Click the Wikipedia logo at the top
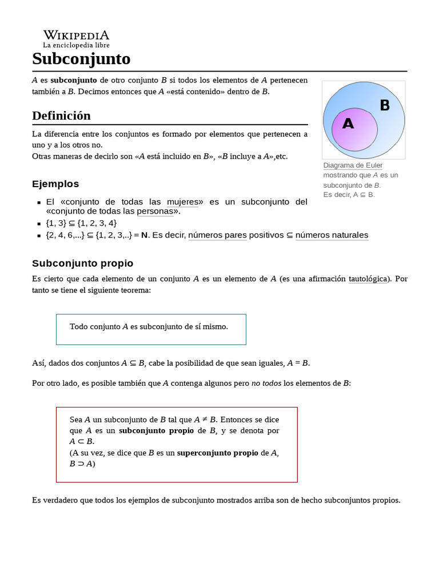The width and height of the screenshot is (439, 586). pos(76,38)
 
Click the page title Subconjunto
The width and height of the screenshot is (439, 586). pos(81,58)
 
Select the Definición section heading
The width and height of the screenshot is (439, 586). pos(61,116)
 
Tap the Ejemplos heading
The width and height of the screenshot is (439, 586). pos(55,184)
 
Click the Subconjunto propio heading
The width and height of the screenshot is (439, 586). pos(82,263)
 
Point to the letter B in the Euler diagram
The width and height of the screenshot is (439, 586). pos(385,105)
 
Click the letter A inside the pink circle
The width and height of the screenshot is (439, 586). pos(348,124)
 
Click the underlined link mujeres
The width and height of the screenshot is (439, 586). pos(182,201)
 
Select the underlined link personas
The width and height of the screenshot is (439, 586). pos(154,211)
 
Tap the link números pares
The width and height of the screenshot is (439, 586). pos(217,235)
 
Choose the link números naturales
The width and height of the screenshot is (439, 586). pos(332,235)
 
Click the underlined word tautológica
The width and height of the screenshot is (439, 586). pos(369,279)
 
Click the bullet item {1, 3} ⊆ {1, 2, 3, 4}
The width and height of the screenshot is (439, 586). pos(81,223)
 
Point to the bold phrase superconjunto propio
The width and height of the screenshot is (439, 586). pos(217,453)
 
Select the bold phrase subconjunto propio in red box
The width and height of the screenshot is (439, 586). pos(156,430)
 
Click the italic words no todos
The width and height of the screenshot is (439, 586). pos(266,383)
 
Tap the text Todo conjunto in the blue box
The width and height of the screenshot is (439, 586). pos(95,327)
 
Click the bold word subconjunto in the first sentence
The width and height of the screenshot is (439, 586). pos(74,80)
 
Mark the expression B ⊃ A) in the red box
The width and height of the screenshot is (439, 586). pos(82,464)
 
